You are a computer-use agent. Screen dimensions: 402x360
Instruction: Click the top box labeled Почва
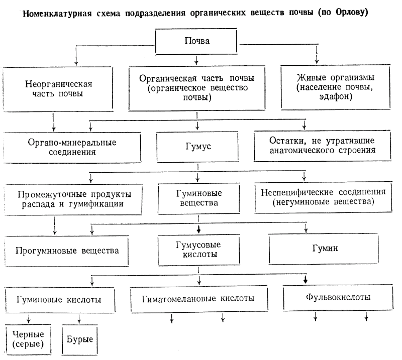click(196, 41)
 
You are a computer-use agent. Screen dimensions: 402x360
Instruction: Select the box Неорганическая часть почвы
click(58, 89)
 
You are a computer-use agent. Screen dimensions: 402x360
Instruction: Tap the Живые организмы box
click(335, 87)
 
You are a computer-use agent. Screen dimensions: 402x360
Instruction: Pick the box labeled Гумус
click(197, 147)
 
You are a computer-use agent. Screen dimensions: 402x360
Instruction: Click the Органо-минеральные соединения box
click(72, 147)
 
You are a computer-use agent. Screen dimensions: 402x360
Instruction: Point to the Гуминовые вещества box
click(199, 198)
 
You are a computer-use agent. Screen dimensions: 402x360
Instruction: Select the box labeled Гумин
click(324, 249)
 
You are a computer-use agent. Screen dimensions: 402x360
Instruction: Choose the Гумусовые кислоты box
click(198, 250)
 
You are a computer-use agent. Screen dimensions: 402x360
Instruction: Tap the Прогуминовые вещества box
click(67, 251)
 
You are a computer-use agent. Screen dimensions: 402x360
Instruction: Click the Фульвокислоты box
click(338, 297)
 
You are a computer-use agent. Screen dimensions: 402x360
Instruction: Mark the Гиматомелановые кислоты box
click(199, 299)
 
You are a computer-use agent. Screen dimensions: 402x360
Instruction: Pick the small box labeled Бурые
click(80, 340)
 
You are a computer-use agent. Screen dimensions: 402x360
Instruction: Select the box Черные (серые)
click(28, 339)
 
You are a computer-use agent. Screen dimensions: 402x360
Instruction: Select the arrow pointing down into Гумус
click(197, 125)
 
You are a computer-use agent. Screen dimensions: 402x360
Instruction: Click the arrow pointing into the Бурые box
click(79, 319)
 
